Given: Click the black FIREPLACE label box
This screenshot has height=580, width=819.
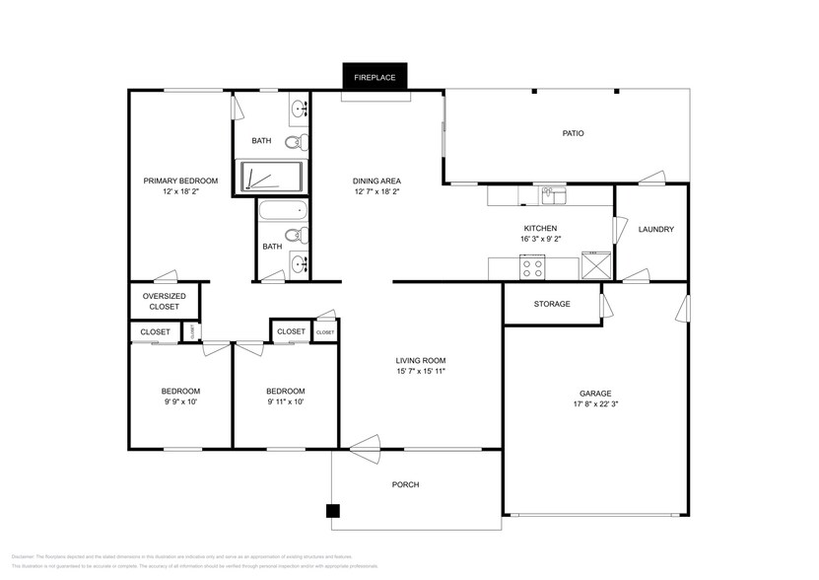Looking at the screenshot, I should point(375,76).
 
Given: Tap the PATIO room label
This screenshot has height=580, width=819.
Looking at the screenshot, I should point(573,133).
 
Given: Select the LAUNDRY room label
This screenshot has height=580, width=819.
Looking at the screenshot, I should point(655,230).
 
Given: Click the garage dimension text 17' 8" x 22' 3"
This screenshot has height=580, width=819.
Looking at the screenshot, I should point(598,403).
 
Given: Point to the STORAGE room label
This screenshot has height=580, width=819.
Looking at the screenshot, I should point(552,304).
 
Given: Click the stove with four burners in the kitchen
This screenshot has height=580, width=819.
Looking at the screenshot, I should point(533,266).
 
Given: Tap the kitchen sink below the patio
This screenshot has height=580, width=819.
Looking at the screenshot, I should point(554,194).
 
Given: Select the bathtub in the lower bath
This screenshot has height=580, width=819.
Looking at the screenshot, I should point(282,211).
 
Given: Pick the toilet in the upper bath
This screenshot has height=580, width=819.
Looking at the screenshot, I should point(297,142).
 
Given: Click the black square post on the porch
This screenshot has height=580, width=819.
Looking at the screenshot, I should point(333,511).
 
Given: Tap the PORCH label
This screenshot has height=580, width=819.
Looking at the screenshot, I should point(405,484).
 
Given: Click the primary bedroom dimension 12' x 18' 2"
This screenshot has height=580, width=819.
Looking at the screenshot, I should point(173,191).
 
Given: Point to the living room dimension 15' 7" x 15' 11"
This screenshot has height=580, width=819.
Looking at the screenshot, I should point(421,372).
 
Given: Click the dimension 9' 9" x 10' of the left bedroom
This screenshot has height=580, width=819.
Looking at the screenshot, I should point(180,401).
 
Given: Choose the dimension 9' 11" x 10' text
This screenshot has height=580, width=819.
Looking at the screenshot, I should point(285,401).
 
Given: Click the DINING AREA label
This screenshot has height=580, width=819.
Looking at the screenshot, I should point(376,181).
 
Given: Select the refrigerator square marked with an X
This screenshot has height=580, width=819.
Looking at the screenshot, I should point(595,265).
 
